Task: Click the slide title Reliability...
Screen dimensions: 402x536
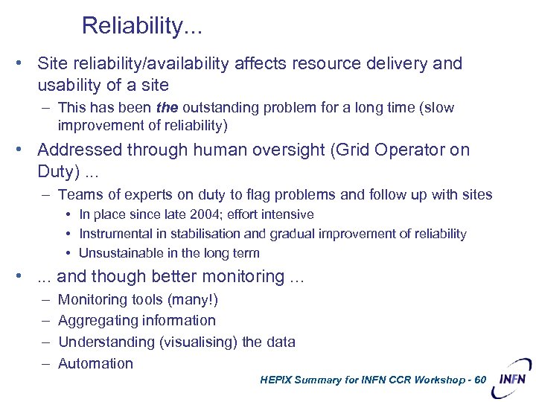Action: tap(141, 26)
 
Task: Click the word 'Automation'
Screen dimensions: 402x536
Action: tap(95, 363)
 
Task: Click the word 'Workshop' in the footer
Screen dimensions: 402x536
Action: tap(433, 380)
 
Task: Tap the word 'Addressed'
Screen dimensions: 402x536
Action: tap(78, 150)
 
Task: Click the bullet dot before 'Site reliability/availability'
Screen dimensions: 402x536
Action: tap(25, 64)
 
